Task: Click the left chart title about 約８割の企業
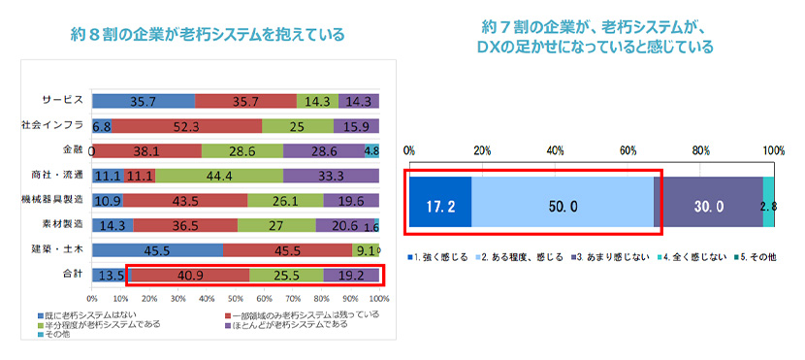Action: (201, 36)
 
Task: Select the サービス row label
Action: (63, 100)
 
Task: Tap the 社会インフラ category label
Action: (54, 125)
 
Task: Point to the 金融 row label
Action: (73, 150)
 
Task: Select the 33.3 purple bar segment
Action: (331, 176)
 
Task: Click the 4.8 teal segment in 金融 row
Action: (371, 150)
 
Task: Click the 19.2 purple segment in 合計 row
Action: (350, 275)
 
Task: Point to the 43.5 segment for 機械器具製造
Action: (185, 200)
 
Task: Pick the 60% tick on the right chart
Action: (628, 150)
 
